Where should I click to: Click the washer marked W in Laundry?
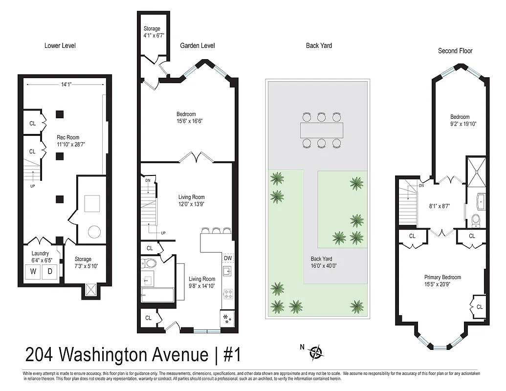[x=34, y=272]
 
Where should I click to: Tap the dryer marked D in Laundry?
[x=49, y=272]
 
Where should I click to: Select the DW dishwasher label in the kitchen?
[x=228, y=258]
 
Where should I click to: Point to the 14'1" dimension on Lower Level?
[x=66, y=84]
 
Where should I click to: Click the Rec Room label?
[x=67, y=137]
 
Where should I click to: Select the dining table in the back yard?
[x=321, y=130]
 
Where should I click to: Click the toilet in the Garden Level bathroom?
[x=150, y=264]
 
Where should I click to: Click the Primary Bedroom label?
[x=442, y=277]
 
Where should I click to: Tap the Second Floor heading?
[x=455, y=51]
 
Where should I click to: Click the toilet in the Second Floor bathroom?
[x=476, y=221]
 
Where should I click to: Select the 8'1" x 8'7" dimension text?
[x=440, y=206]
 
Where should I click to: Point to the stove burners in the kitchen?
[x=228, y=294]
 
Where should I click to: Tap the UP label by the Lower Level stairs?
[x=33, y=186]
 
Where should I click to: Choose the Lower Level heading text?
[x=60, y=45]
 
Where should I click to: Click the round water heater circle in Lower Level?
[x=94, y=231]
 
